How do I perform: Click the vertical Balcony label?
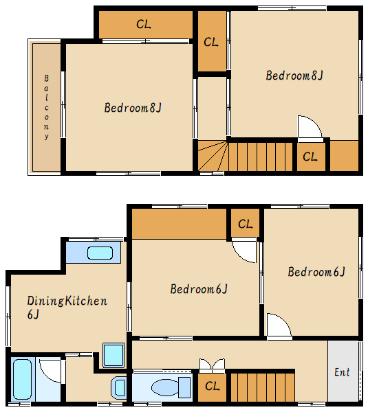point(46,106)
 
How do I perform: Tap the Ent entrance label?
point(342,372)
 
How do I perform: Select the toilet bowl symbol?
point(171,387)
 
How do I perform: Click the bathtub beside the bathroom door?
point(23,378)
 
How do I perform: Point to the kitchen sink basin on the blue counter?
point(100,253)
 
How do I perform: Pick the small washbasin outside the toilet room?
point(119,388)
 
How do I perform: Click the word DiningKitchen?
point(67,301)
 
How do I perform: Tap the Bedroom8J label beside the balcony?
point(133,108)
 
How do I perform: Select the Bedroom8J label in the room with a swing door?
point(294,76)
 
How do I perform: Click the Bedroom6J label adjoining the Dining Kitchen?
point(199,289)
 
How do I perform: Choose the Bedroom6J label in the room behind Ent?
point(316,272)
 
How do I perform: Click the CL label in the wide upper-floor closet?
point(144,25)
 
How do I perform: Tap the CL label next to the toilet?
point(212,386)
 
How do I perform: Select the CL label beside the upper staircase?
point(310,157)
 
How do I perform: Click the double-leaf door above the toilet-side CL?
point(212,365)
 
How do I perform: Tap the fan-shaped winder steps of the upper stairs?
point(213,156)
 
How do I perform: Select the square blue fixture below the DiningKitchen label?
point(113,355)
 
